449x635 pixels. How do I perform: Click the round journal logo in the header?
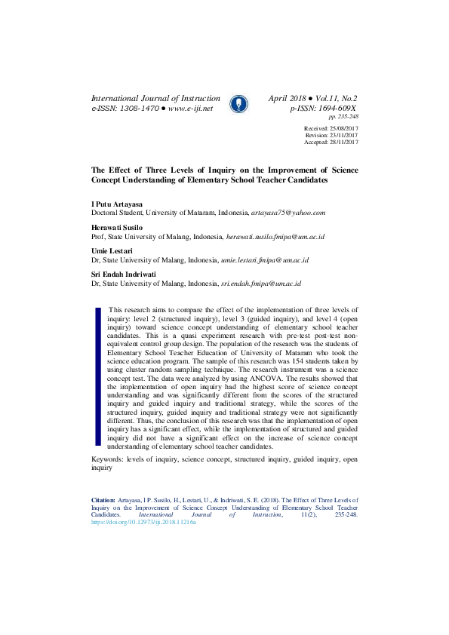pos(238,103)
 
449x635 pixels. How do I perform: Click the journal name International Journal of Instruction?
pos(155,98)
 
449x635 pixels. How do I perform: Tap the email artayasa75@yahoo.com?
pos(289,213)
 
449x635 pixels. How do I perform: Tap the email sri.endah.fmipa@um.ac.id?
pos(260,283)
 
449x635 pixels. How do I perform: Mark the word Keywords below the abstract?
pos(107,458)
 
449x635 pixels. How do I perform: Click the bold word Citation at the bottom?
pos(103,499)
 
